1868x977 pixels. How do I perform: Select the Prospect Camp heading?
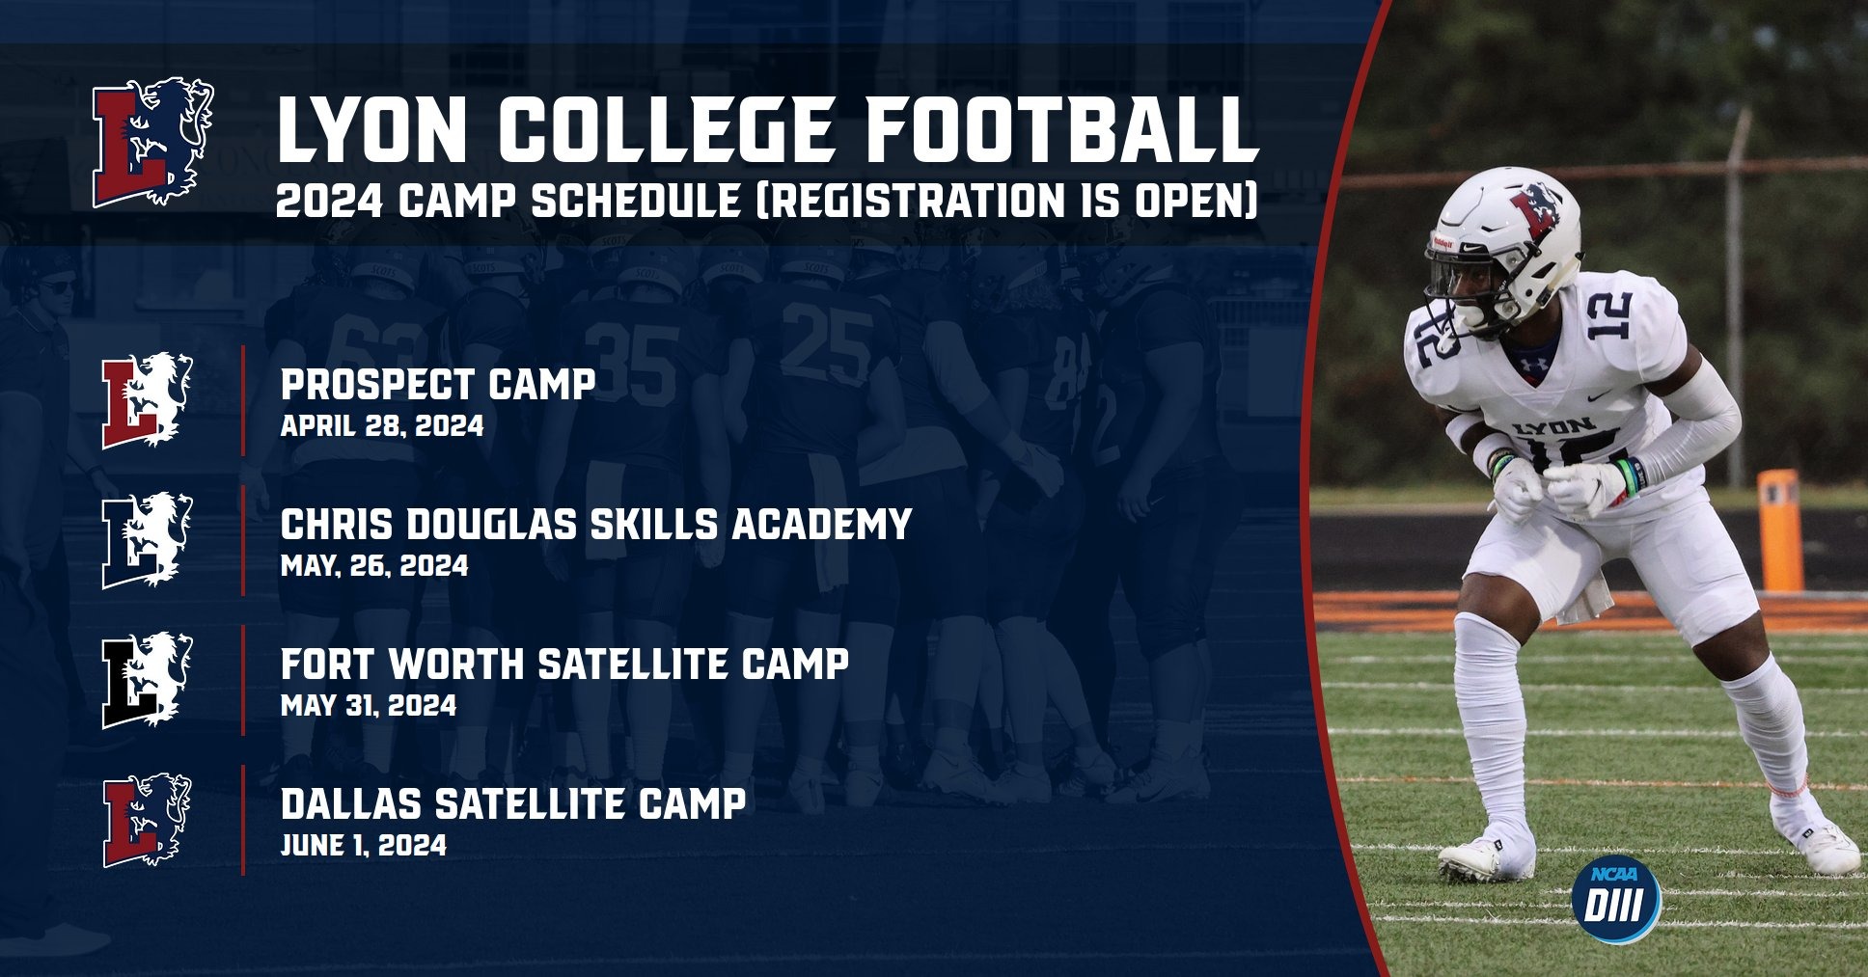(x=437, y=385)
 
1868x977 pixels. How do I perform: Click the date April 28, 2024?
(x=382, y=426)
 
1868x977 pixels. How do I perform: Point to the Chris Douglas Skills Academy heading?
(x=595, y=525)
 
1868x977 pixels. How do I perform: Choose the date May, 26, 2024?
(x=374, y=566)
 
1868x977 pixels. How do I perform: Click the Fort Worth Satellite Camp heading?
(x=564, y=665)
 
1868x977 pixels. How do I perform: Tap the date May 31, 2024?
(x=369, y=706)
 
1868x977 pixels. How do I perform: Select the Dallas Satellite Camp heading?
(x=512, y=804)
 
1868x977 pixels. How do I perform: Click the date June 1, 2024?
(x=364, y=846)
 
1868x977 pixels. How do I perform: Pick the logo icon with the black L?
(x=148, y=680)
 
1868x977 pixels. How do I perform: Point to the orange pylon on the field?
(x=1778, y=529)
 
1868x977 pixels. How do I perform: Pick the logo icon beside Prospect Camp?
(x=148, y=400)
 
